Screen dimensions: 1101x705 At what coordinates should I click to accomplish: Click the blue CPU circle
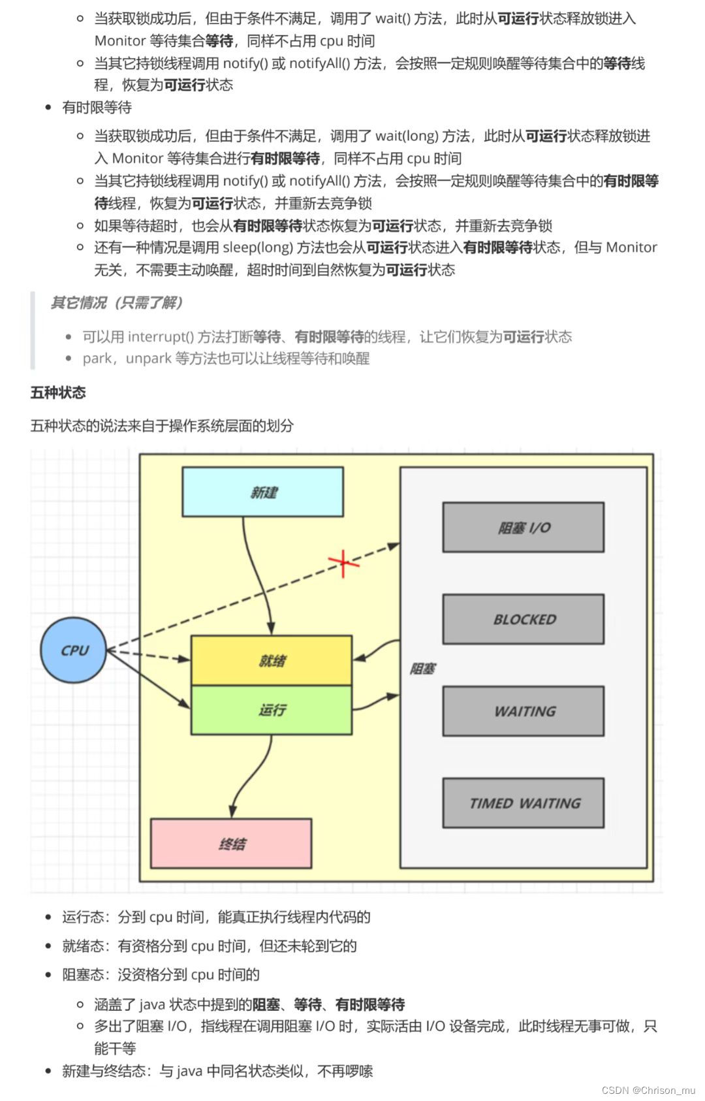74,650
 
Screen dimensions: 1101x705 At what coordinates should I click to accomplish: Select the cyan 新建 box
262,492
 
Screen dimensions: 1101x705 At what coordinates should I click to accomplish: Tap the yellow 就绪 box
271,660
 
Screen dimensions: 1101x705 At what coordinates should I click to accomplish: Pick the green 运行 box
271,710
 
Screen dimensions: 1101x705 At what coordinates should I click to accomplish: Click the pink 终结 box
231,843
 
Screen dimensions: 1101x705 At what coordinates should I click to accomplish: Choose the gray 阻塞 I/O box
523,527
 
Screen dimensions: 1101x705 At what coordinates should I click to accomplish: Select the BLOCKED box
523,619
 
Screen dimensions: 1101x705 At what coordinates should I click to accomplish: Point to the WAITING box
523,711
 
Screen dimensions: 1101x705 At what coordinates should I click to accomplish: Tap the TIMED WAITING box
523,803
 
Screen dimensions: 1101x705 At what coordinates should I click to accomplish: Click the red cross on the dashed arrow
343,562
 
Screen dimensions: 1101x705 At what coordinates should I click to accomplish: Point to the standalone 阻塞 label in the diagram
422,669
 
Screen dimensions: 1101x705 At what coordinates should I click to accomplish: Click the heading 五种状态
58,392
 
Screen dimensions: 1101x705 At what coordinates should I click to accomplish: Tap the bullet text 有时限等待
97,107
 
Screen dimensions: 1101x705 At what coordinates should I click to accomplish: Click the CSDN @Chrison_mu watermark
648,1090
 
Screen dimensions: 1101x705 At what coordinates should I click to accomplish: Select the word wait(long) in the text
406,136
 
